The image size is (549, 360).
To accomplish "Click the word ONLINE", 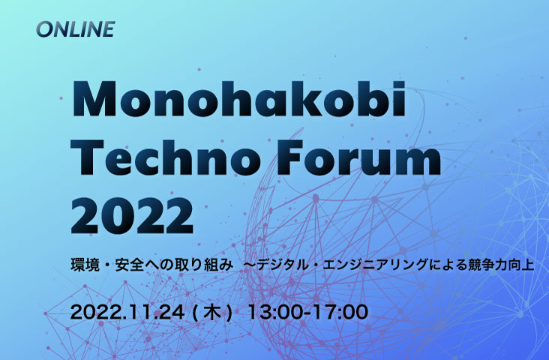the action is click(x=76, y=29).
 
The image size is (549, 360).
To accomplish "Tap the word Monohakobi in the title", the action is click(x=238, y=98).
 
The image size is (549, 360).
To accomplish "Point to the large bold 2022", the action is click(x=132, y=216).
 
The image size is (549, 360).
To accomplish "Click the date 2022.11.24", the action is click(x=127, y=312).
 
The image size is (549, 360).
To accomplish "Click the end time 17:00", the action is click(x=340, y=312).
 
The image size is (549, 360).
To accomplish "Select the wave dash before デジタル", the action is click(x=250, y=265).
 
